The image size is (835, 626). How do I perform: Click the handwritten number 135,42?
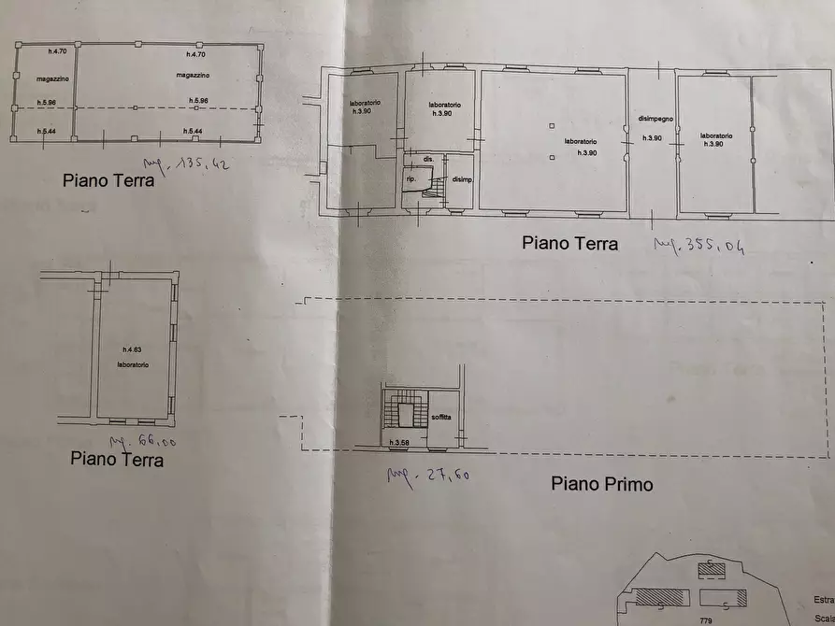[198, 169]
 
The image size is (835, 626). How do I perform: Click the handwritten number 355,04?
[700, 246]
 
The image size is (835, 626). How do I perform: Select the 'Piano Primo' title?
[601, 484]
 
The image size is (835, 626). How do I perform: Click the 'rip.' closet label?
[410, 178]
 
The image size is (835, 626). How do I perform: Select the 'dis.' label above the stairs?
[427, 160]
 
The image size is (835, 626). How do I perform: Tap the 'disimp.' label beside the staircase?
[462, 179]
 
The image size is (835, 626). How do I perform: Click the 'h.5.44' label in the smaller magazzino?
[46, 131]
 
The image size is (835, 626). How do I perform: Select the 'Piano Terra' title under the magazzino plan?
[108, 180]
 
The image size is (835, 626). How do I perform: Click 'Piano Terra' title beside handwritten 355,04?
[569, 244]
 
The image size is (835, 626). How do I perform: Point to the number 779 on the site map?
[706, 619]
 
